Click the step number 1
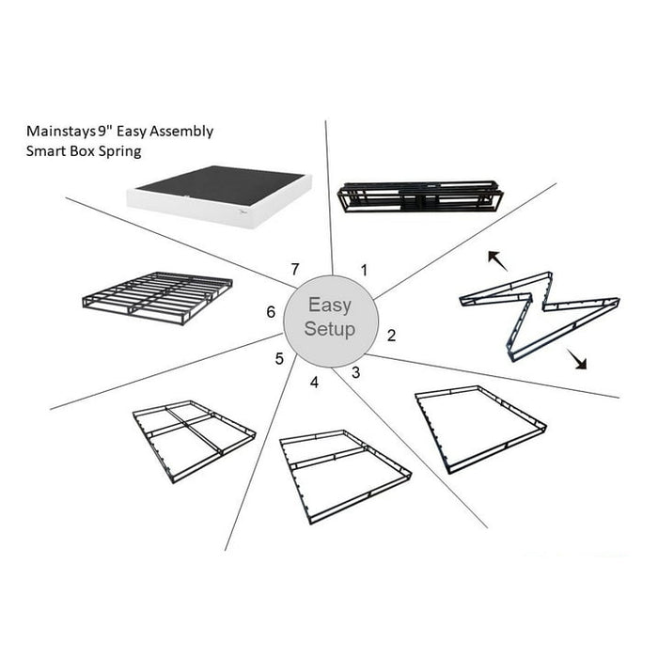(364, 269)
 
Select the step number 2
(391, 335)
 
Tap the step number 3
(355, 372)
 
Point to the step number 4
(314, 382)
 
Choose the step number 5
(279, 358)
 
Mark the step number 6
(271, 311)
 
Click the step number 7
(294, 269)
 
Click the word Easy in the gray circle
(329, 306)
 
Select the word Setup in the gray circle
(329, 329)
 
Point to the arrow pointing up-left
(495, 259)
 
